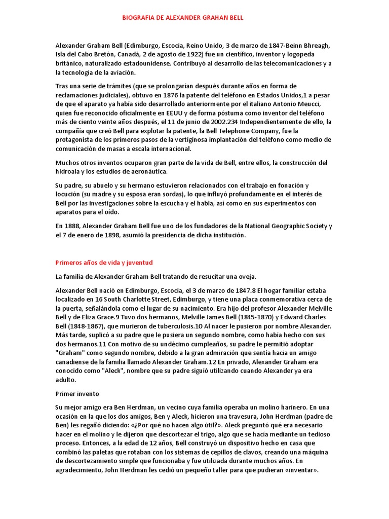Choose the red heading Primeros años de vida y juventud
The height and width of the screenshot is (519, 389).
coord(104,263)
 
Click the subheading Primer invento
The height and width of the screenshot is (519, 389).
coord(77,393)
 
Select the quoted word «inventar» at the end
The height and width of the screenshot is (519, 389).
coord(301,470)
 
